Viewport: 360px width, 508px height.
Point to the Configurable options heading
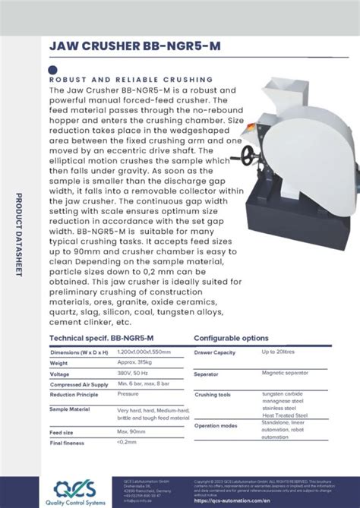click(231, 338)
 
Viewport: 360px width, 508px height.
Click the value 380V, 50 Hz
click(134, 374)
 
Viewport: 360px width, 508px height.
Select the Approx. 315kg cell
click(136, 363)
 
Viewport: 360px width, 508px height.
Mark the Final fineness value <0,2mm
click(127, 442)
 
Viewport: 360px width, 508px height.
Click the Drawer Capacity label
click(215, 352)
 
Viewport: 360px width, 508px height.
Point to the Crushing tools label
click(213, 395)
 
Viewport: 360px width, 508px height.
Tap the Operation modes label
click(216, 425)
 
